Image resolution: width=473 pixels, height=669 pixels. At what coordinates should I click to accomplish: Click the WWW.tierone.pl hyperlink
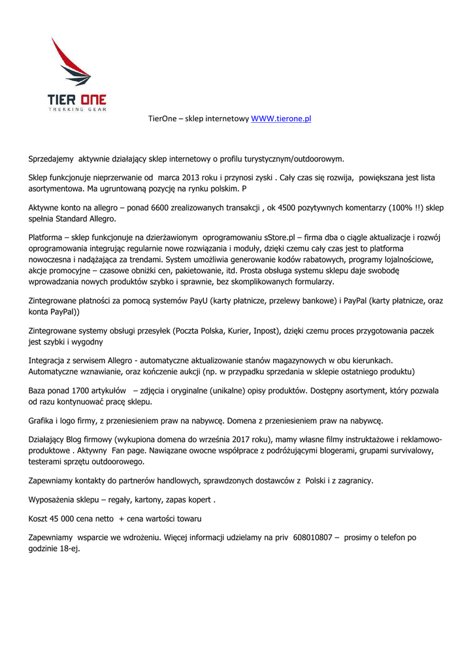tap(281, 119)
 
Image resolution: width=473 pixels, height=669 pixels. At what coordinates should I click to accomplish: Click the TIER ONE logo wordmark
tap(76, 100)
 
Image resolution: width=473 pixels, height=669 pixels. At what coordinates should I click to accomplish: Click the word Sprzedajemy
tap(52, 159)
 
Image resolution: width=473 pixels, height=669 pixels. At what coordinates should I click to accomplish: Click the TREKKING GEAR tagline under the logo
tap(77, 110)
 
